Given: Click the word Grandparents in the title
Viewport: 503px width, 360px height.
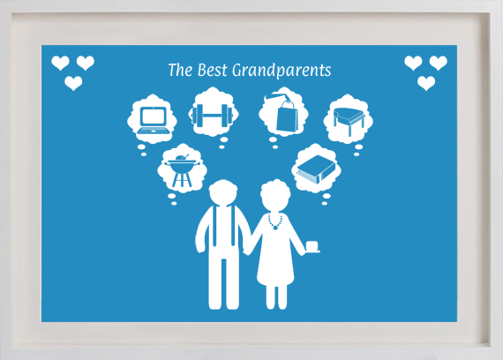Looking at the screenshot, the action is coord(282,71).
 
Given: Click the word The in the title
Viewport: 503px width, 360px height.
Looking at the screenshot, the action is coord(180,70).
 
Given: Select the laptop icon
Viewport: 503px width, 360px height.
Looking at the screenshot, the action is coord(153,120).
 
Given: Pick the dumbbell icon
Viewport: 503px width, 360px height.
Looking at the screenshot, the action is coord(214,115).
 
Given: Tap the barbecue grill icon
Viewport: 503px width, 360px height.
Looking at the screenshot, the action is coord(182,170).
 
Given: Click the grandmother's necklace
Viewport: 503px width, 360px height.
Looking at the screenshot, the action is coord(275,221).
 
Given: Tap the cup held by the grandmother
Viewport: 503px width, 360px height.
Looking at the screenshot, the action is coord(312,246).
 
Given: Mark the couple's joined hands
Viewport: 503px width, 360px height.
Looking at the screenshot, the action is coord(248,249).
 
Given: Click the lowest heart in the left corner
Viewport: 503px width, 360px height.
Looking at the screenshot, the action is coord(73,83).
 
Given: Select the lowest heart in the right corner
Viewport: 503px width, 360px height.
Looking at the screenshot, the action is coord(426,83).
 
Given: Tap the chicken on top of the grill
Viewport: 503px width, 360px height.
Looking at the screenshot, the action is coord(182,158).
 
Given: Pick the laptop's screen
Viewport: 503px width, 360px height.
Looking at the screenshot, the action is coord(154,116).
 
